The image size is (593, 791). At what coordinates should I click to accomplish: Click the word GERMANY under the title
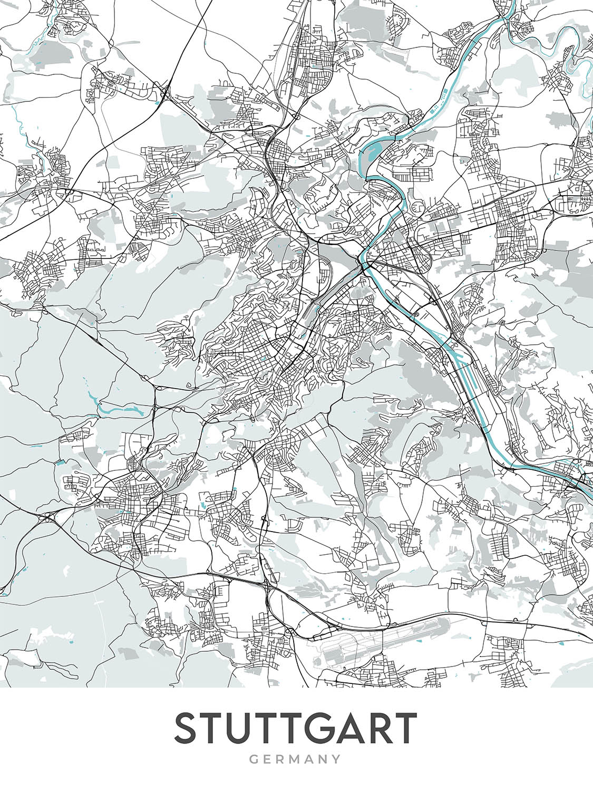point(296,759)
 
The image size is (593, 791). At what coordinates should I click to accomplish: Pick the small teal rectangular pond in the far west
point(60,462)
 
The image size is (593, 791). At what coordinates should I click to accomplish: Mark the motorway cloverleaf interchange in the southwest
point(49,518)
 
